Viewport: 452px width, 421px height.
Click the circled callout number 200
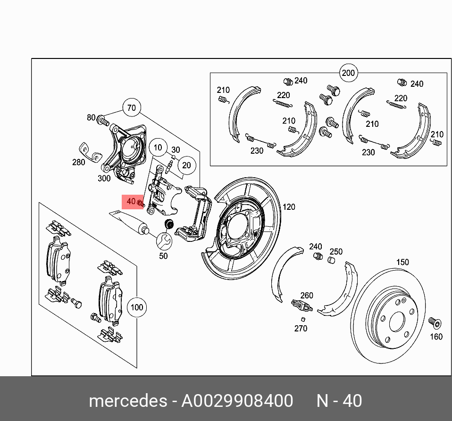[x=348, y=73]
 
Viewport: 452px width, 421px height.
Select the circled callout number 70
[x=132, y=108]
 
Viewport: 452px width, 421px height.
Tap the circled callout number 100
[x=136, y=307]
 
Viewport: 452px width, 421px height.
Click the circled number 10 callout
[x=158, y=148]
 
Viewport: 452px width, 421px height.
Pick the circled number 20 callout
[x=186, y=165]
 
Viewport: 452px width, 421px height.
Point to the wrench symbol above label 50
[x=164, y=241]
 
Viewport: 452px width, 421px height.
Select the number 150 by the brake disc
[x=402, y=262]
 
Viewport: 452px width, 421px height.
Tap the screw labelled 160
[x=434, y=323]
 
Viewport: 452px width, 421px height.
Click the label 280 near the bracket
[x=78, y=163]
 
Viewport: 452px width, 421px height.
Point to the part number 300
[x=104, y=178]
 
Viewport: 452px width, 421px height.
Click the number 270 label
[x=301, y=328]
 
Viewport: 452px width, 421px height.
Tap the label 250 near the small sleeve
[x=335, y=252]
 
